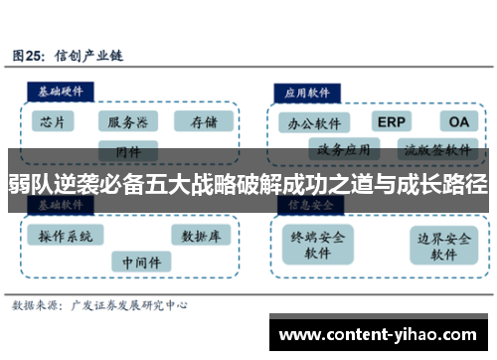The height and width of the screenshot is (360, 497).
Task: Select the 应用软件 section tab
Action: (309, 90)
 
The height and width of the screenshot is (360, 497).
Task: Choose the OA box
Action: (456, 121)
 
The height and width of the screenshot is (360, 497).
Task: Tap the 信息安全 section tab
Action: (309, 205)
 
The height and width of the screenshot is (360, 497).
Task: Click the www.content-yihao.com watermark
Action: (382, 334)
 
